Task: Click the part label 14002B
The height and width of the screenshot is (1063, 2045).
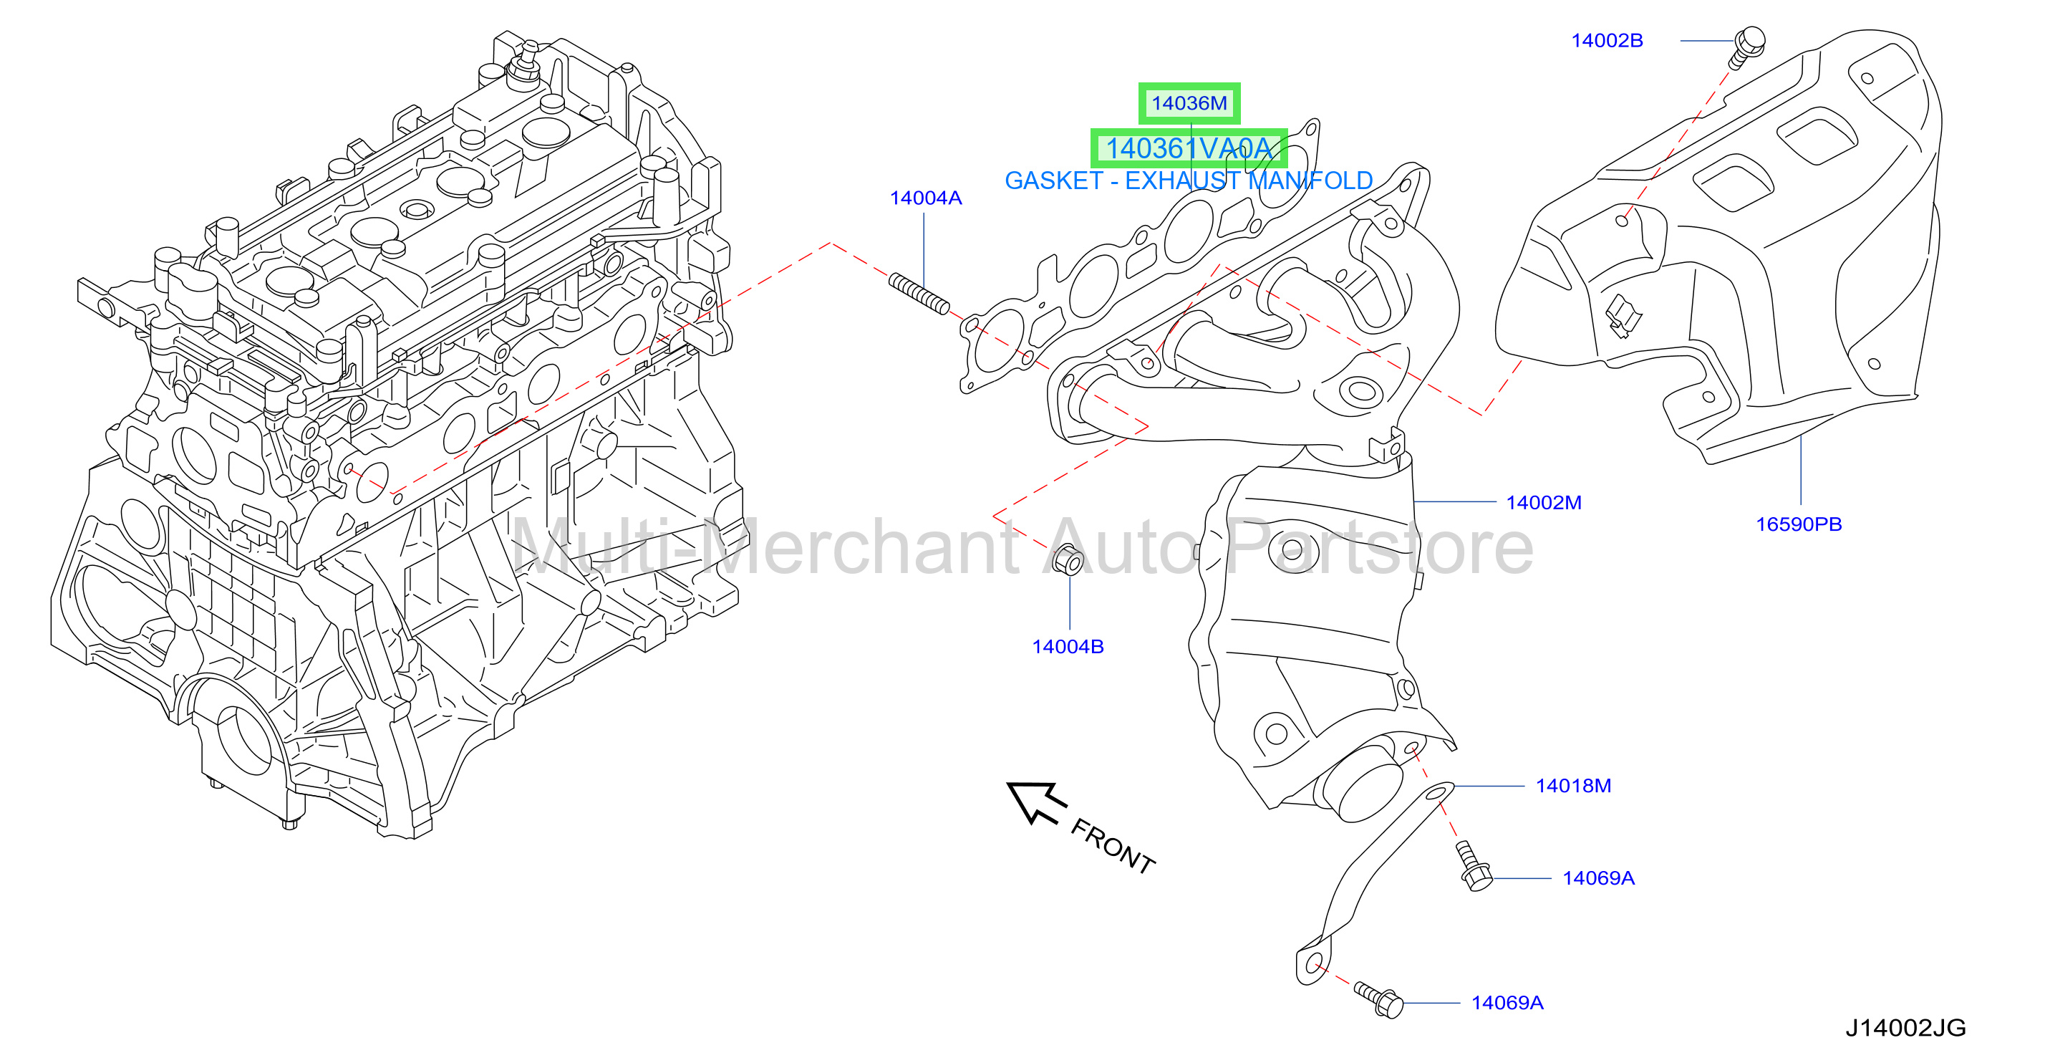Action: tap(1607, 41)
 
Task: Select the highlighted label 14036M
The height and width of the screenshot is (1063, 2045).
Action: tap(1189, 103)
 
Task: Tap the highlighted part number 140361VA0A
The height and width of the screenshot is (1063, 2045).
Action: tap(1189, 148)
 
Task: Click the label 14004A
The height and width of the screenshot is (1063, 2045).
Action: tap(926, 198)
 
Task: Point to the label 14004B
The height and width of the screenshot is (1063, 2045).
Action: tap(1068, 646)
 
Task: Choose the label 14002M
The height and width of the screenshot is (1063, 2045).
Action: tap(1543, 503)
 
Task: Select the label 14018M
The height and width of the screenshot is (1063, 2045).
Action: tap(1573, 786)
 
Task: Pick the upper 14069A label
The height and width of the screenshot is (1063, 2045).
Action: tap(1598, 878)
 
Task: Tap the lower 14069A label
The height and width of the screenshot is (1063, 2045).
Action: tap(1507, 1003)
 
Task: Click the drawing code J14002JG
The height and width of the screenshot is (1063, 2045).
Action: tap(1905, 1028)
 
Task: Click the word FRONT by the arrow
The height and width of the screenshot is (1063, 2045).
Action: tap(1113, 846)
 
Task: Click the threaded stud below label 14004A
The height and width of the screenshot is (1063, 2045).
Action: tap(919, 294)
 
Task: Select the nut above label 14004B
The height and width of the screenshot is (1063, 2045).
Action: tap(1068, 559)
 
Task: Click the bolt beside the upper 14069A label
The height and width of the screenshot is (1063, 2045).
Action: tap(1473, 867)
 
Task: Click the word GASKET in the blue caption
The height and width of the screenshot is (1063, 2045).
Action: tap(1054, 181)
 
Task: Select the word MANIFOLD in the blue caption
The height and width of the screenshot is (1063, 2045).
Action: tap(1310, 181)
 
